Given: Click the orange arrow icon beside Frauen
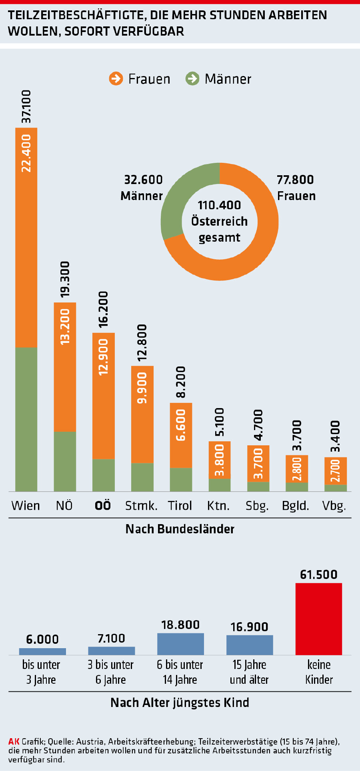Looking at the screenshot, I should click(x=116, y=78).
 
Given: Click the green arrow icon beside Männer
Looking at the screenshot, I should click(x=192, y=78).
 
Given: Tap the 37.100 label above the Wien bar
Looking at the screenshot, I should click(x=26, y=106).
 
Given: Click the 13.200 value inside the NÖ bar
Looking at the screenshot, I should click(x=65, y=326).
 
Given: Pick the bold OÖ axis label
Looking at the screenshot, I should click(x=103, y=506).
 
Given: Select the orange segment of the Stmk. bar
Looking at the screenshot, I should click(x=142, y=414).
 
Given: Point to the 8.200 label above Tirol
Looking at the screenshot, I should click(x=181, y=382).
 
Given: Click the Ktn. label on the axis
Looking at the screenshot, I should click(x=218, y=506).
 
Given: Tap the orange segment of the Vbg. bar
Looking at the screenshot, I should click(x=336, y=471).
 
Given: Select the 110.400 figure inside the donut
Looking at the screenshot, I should click(x=219, y=205).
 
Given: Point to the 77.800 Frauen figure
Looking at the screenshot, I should click(x=295, y=180).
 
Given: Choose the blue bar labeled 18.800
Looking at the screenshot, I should click(x=180, y=644).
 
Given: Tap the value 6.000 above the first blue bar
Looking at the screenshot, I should click(x=42, y=639).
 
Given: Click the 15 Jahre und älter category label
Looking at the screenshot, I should click(x=249, y=672).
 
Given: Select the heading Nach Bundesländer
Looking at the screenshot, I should click(x=180, y=529).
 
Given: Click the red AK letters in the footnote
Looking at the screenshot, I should click(x=14, y=741).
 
